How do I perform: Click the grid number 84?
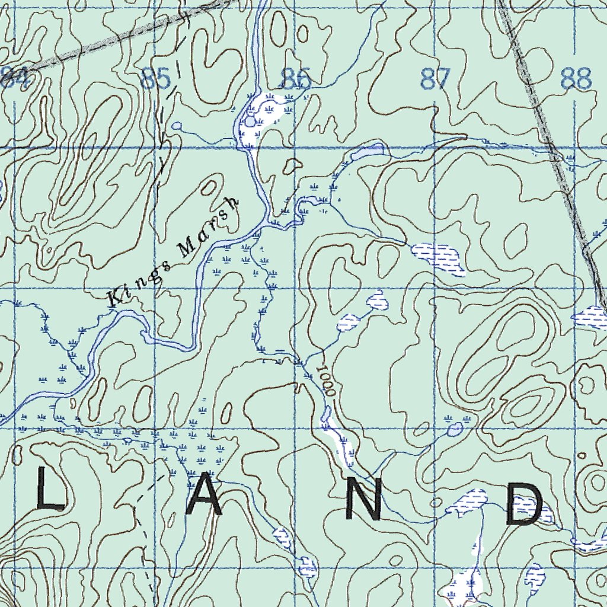14,78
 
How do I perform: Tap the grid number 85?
155,78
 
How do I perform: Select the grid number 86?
296,78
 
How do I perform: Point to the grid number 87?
435,78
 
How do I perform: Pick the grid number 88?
576,78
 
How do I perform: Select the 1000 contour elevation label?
325,381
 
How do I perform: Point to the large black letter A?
206,501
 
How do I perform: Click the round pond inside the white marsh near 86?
250,122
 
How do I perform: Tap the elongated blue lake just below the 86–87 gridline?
369,152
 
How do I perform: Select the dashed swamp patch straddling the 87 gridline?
439,258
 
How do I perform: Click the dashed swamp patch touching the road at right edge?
590,317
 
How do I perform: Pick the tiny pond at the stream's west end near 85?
176,126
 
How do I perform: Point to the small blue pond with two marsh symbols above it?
455,429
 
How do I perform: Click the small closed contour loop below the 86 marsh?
292,166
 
